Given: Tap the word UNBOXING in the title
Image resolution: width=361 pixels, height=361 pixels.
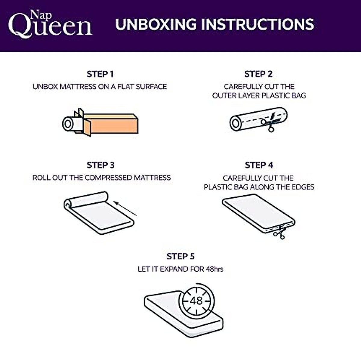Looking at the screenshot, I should pos(156,24).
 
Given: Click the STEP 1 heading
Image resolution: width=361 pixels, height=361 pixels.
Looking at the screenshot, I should pos(100,74).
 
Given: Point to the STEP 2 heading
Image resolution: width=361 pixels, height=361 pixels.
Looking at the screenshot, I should pos(258,74).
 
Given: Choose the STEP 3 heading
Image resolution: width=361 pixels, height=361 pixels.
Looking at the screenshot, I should pos(100,165).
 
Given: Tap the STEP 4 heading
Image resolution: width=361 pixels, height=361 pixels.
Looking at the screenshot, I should pos(259,165).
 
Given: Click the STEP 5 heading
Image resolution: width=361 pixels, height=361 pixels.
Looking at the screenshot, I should pos(180,256).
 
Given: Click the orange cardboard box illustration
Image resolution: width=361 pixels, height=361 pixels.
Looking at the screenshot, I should pos(111,124).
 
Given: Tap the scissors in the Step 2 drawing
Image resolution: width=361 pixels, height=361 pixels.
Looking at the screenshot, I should pos(270,124).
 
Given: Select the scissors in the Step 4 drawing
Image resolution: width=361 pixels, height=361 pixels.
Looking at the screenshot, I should pos(279,233).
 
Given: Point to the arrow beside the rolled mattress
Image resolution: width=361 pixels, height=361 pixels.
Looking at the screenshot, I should pos(126,209).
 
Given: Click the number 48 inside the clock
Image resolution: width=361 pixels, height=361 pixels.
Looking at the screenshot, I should pos(196,301).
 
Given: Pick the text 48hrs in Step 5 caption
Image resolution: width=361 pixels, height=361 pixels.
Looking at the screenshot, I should pos(214,269).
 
